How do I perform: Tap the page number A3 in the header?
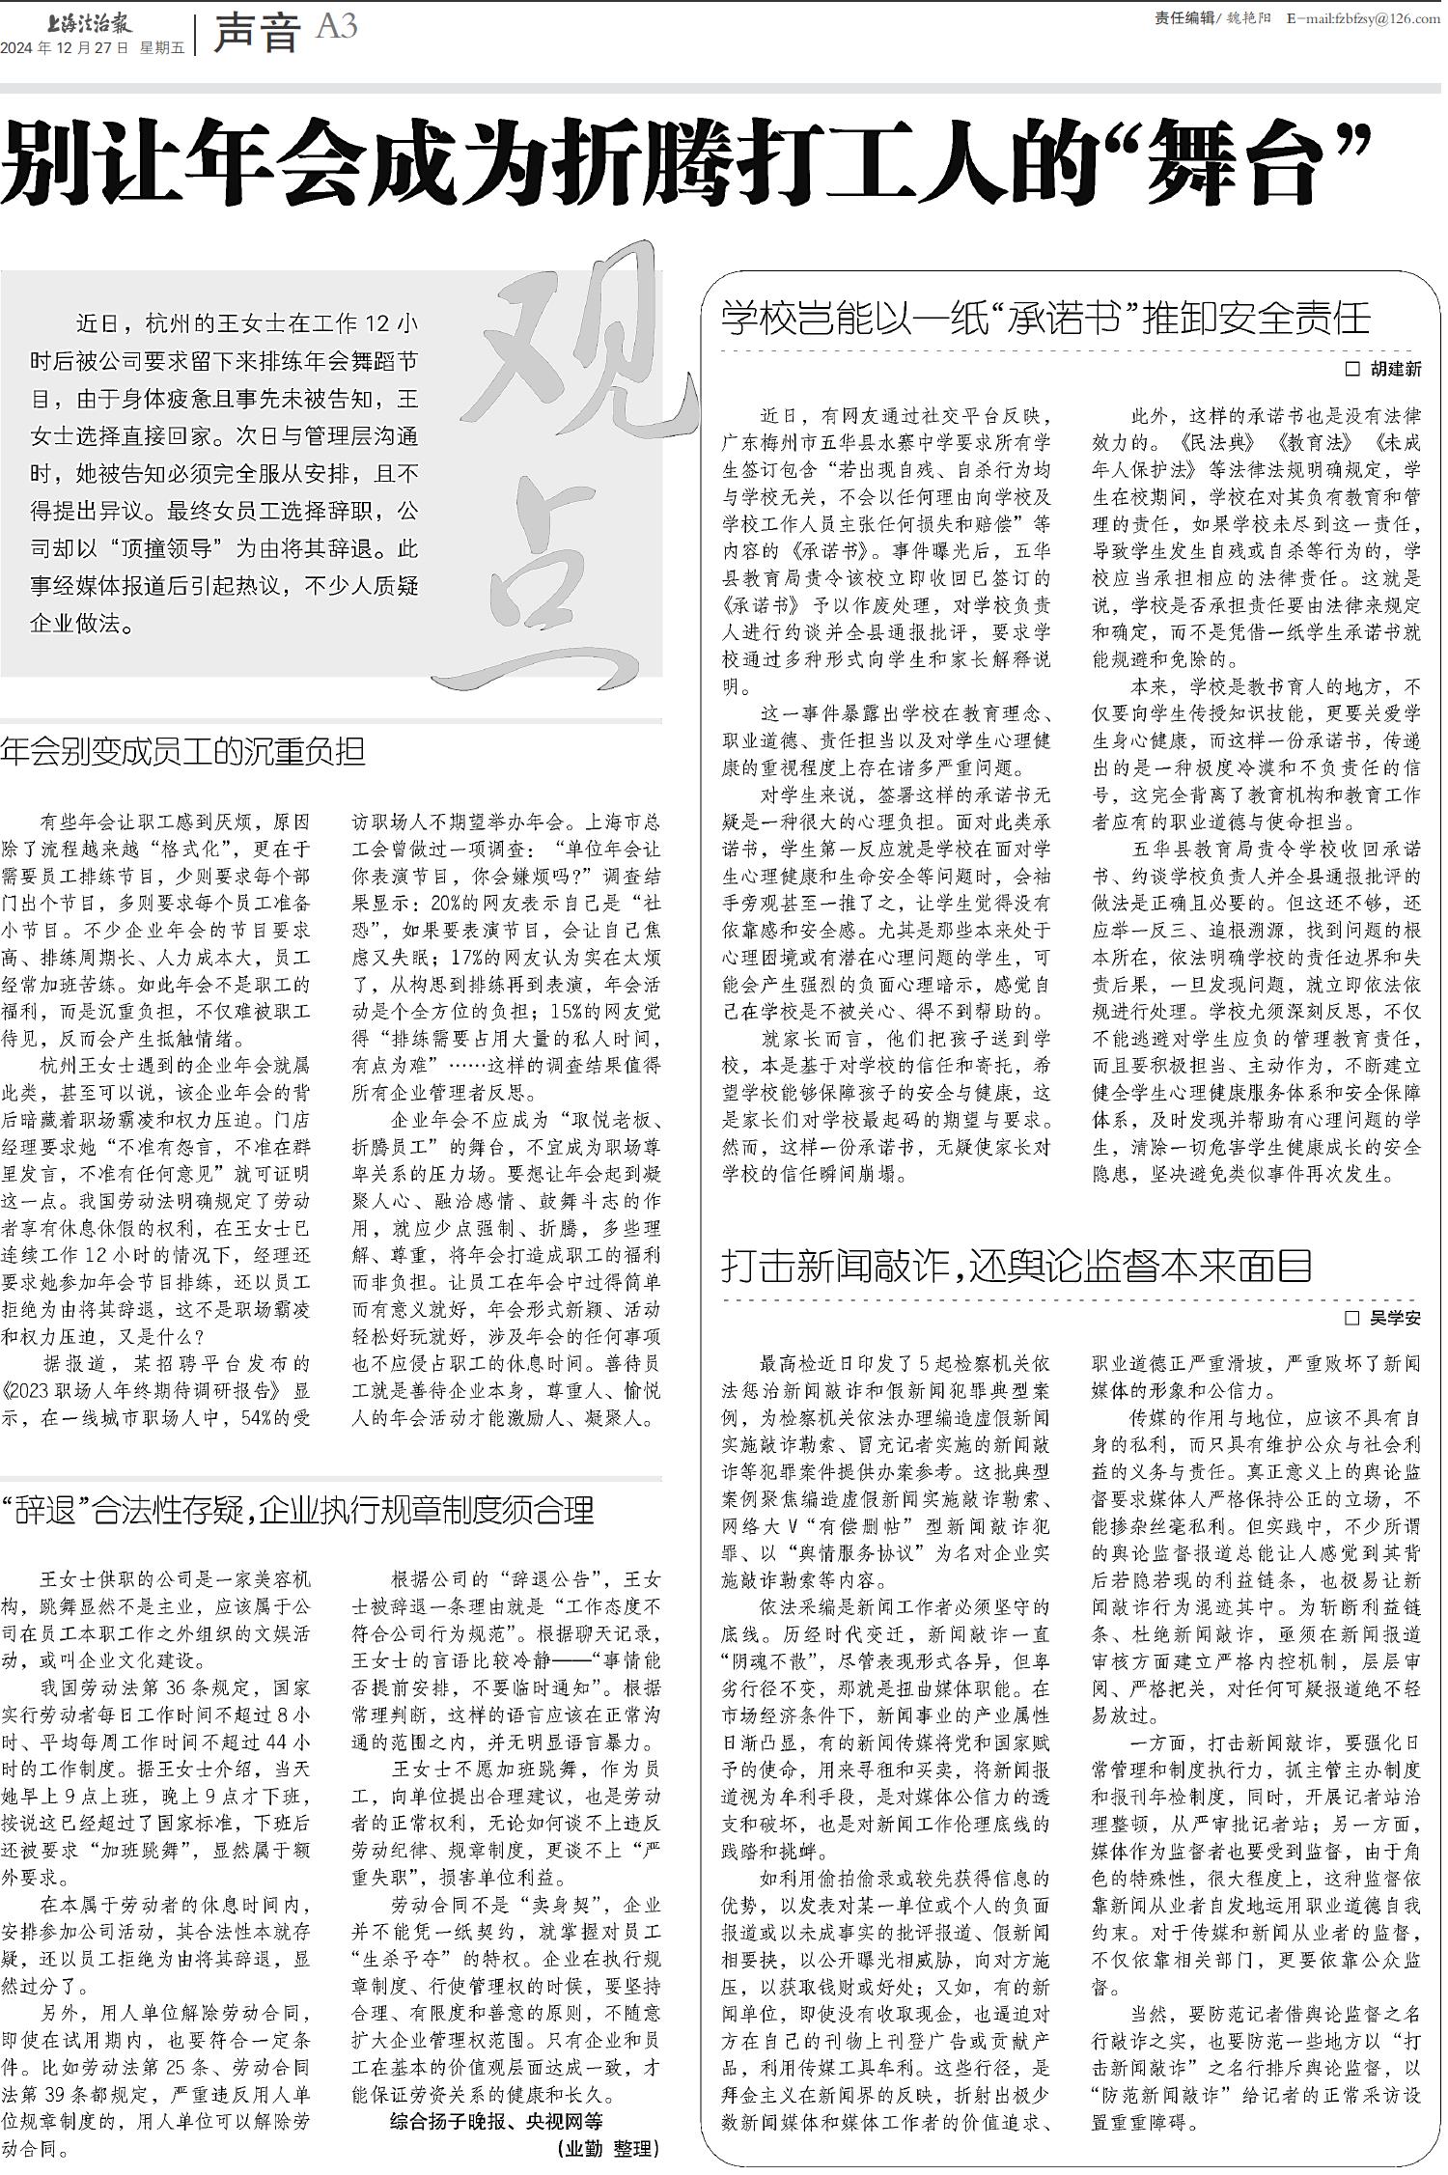coord(336,28)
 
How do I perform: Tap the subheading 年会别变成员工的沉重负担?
coord(183,752)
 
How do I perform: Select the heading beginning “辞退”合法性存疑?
coord(297,1509)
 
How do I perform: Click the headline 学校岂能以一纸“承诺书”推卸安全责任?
coord(1046,318)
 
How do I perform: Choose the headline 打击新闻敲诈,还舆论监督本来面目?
coord(1017,1265)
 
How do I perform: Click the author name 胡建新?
coord(1395,370)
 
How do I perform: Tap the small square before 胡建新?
coord(1351,370)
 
